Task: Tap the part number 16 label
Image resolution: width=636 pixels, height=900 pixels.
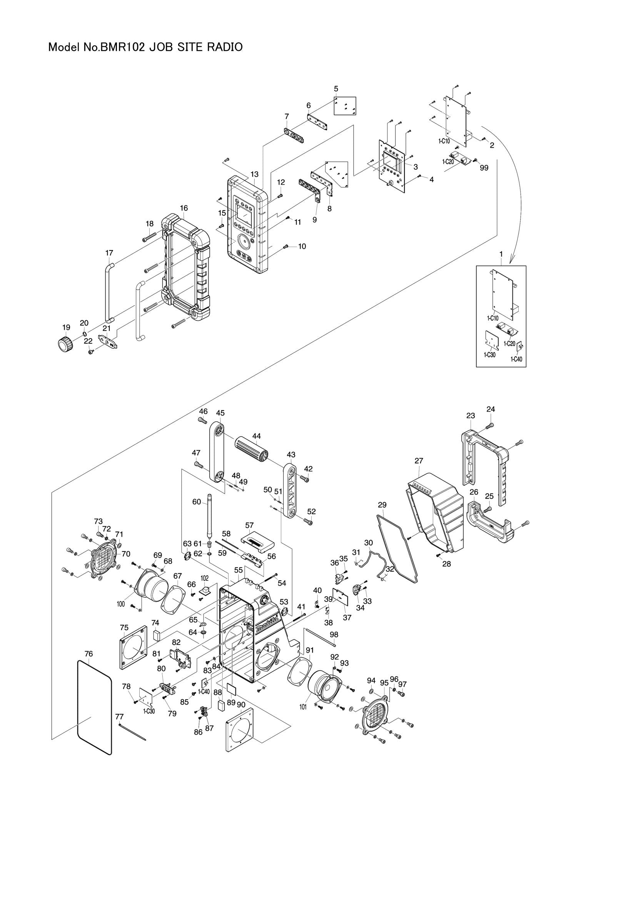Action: click(x=184, y=208)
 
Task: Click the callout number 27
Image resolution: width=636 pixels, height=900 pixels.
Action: click(x=419, y=461)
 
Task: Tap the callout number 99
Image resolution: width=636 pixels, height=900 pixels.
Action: click(x=484, y=168)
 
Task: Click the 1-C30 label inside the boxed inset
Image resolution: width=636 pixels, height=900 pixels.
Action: click(x=489, y=355)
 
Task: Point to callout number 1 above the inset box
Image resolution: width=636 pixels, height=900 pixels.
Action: click(x=501, y=254)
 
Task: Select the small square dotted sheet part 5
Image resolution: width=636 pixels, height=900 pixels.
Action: click(x=345, y=106)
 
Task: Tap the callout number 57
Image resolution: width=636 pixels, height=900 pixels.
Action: click(x=249, y=525)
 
